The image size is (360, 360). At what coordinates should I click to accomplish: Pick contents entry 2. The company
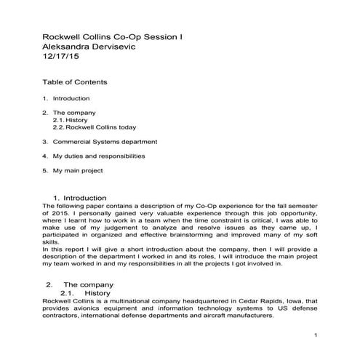click(68, 113)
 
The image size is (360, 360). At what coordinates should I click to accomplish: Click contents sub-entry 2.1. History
click(75, 120)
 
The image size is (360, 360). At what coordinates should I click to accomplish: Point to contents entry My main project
click(78, 170)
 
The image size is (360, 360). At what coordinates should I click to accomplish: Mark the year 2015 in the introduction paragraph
click(60, 215)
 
